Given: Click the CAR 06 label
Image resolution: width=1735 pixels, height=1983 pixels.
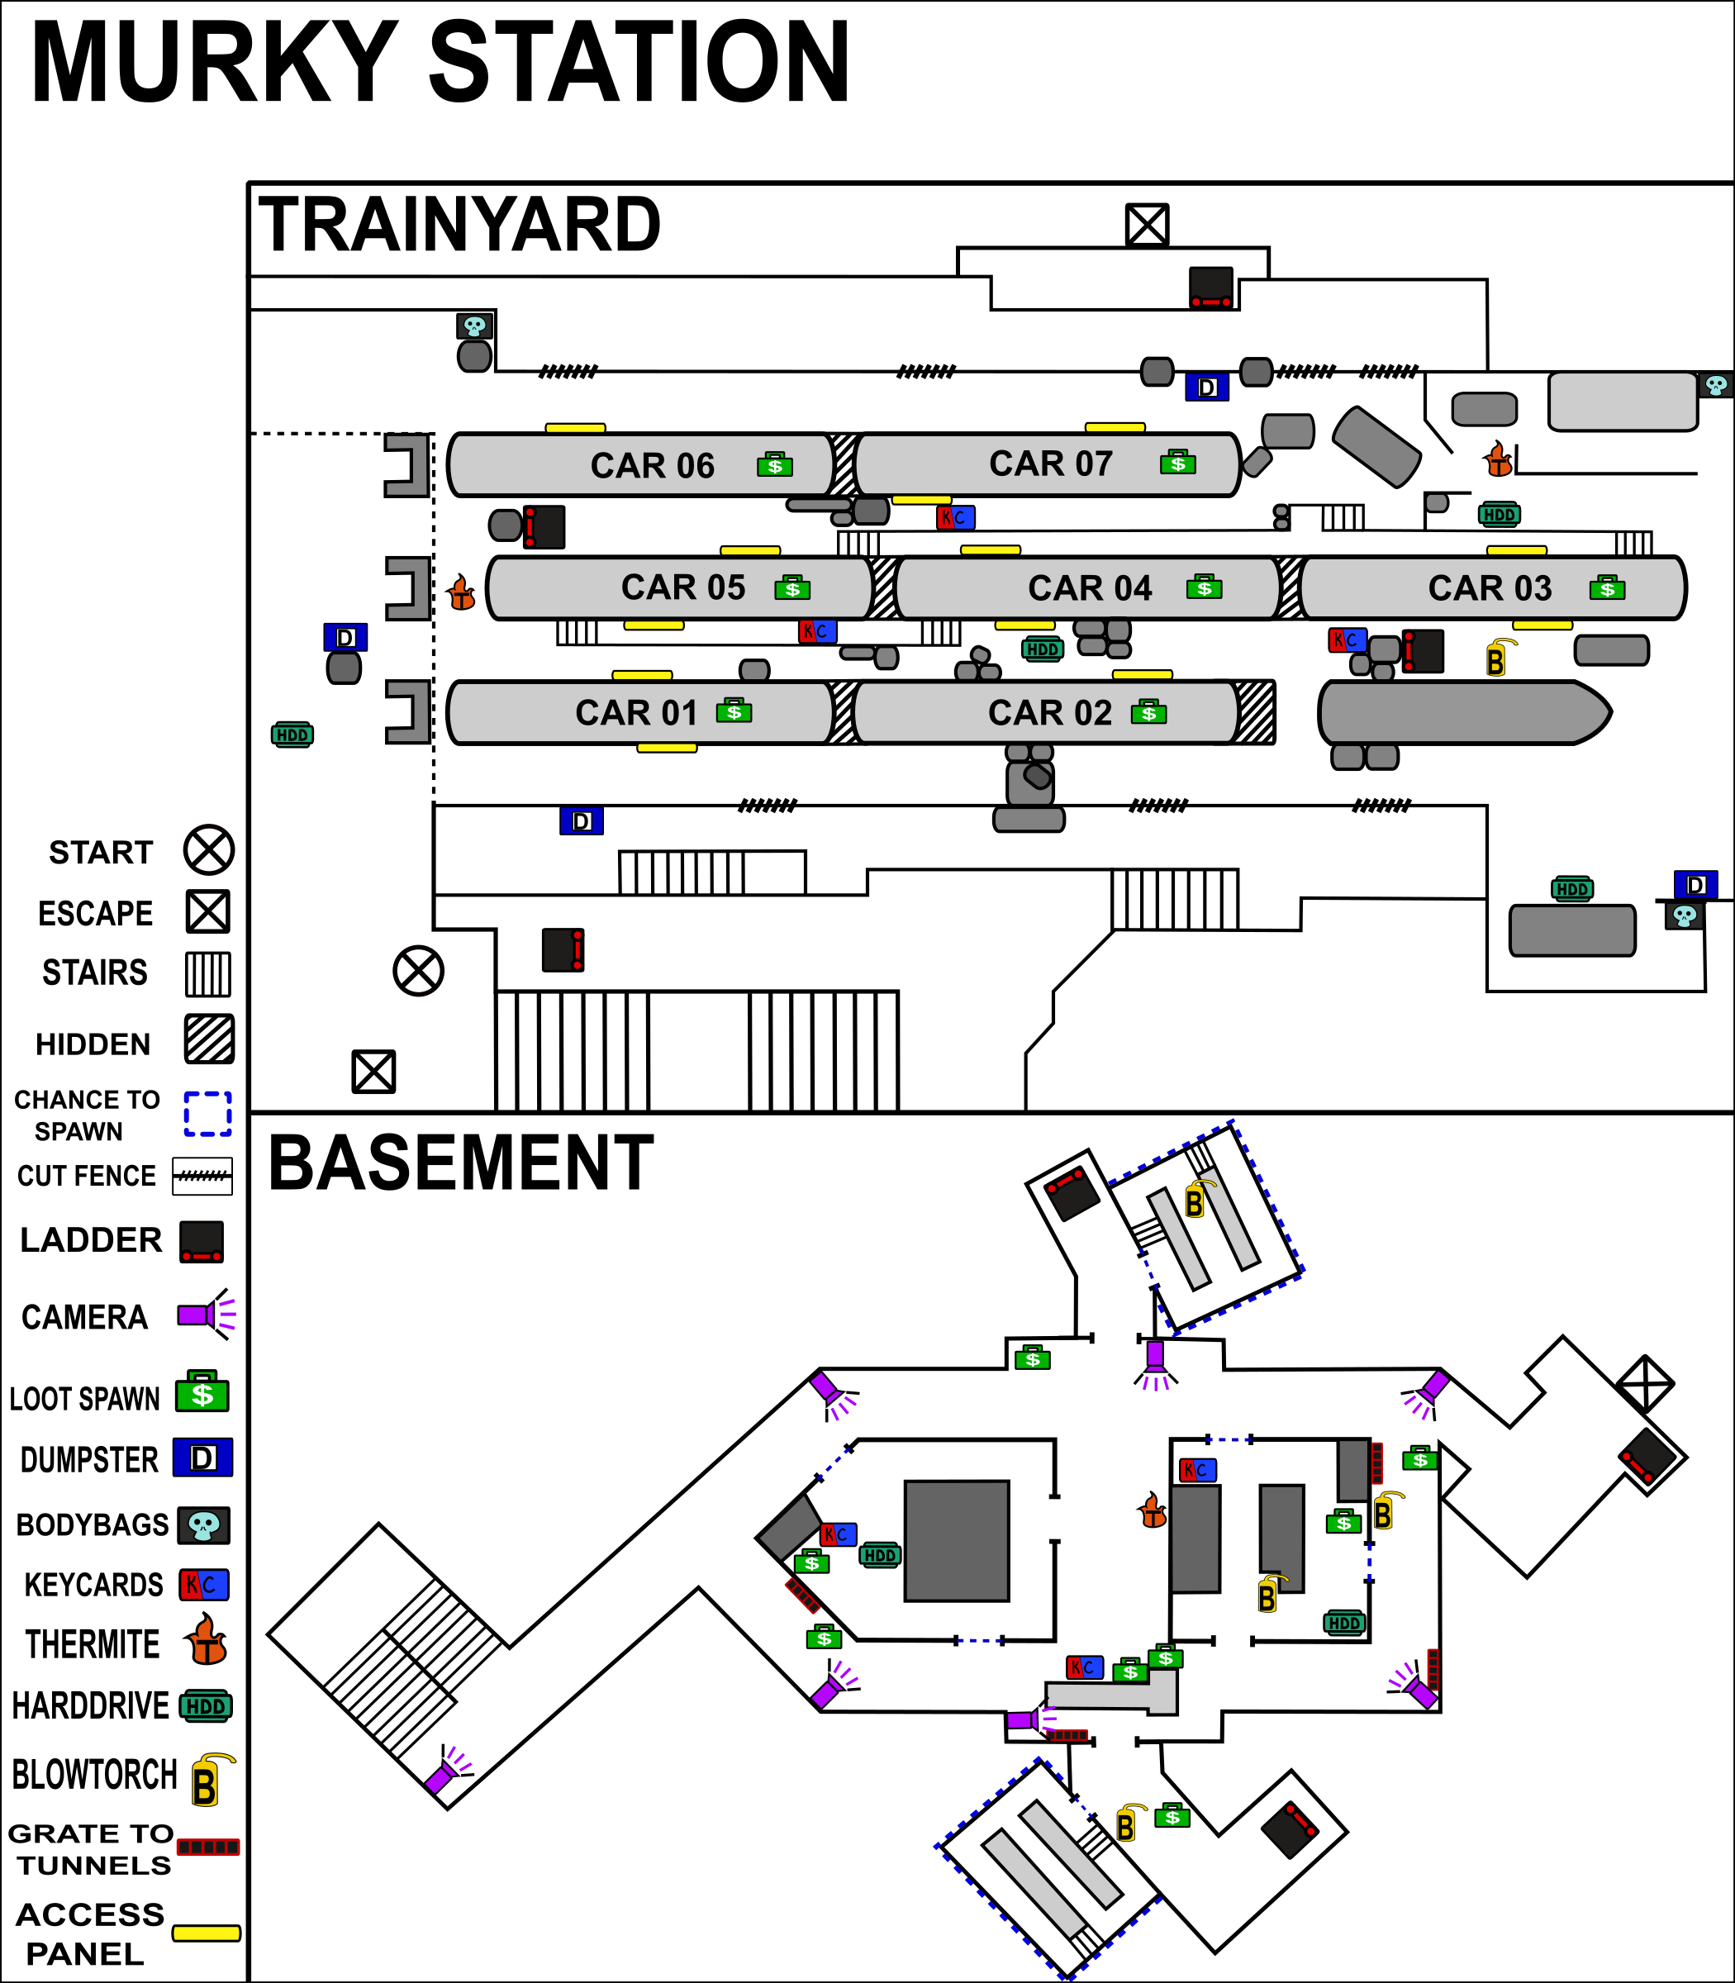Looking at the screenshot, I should (653, 466).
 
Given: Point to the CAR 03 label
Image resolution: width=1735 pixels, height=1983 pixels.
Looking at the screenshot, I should (1490, 587).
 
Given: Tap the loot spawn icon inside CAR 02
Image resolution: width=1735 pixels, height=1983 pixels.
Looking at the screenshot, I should (1148, 711).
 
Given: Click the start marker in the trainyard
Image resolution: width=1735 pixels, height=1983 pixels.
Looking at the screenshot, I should (418, 970).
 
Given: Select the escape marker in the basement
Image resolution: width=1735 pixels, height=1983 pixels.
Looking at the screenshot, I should (1644, 1384).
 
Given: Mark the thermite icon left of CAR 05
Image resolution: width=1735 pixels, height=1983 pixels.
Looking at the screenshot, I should (462, 592).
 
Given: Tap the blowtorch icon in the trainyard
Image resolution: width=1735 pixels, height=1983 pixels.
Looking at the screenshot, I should (1497, 658).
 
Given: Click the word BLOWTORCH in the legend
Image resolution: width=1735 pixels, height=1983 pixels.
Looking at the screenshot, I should (94, 1776).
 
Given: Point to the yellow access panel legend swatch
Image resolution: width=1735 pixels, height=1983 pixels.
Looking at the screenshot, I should (207, 1933).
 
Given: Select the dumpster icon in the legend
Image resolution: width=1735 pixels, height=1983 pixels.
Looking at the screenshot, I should (202, 1458).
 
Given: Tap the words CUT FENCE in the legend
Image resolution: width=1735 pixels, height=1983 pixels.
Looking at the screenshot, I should (86, 1176).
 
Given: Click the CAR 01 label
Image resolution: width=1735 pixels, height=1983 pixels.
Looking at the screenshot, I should (636, 712).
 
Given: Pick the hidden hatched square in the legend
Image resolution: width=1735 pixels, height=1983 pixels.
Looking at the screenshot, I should (209, 1039).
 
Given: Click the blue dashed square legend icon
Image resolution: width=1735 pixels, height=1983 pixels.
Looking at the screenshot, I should (208, 1114).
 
